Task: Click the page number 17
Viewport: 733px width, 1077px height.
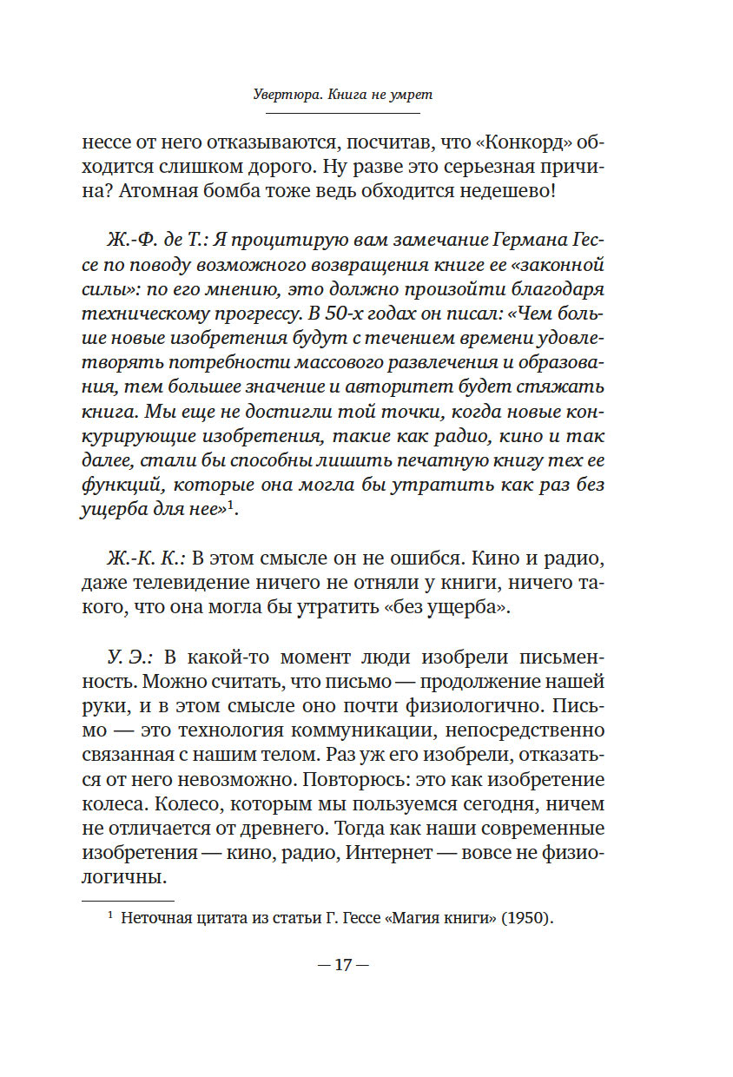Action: pos(343,964)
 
